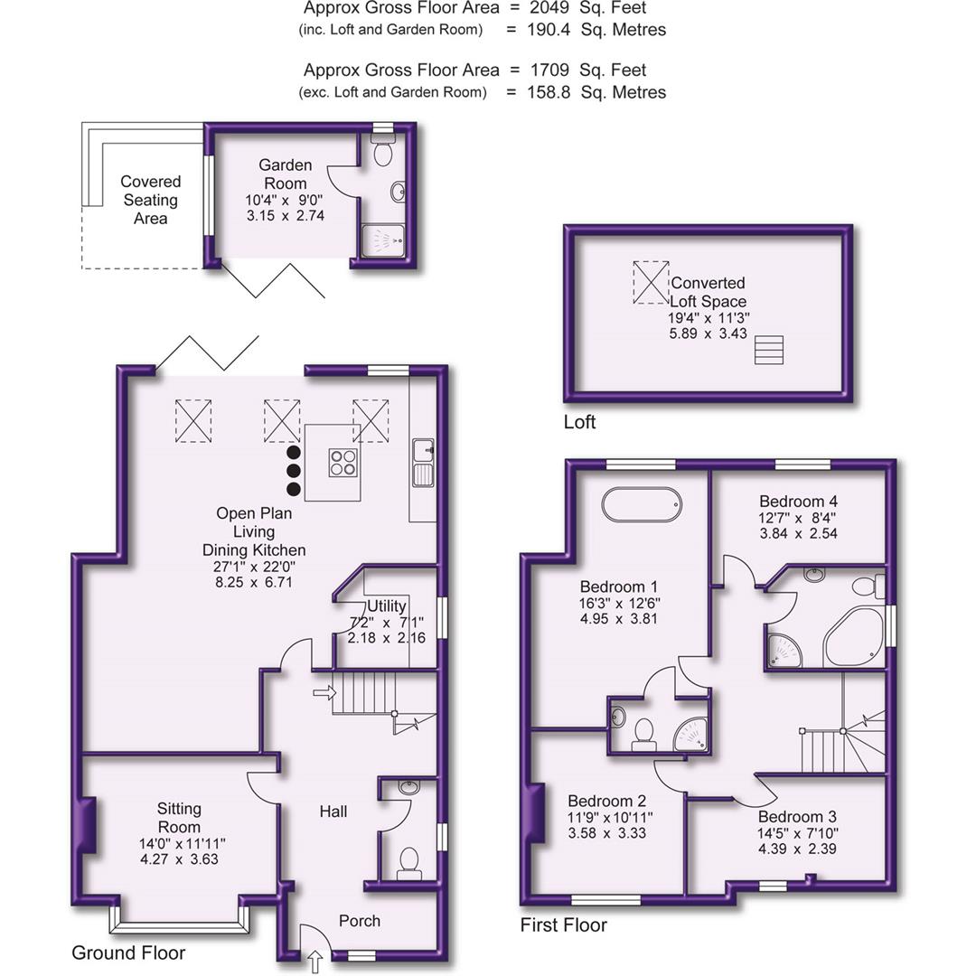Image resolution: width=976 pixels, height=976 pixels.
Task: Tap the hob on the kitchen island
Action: tap(343, 462)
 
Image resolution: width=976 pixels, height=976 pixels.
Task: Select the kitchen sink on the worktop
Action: tap(422, 462)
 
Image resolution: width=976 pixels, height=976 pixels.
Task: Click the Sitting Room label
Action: tap(179, 818)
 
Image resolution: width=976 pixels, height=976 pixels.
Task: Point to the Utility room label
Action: tap(386, 606)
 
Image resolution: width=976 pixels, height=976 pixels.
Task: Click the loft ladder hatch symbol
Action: tap(768, 350)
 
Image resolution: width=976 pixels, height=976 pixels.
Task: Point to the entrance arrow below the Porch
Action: tap(315, 962)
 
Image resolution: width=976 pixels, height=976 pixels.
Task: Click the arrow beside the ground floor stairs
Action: tap(323, 693)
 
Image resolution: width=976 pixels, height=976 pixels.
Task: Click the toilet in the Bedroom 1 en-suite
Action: tap(643, 733)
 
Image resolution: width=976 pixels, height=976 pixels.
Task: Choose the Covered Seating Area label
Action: tap(150, 200)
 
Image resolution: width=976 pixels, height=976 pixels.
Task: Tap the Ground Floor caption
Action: tap(128, 953)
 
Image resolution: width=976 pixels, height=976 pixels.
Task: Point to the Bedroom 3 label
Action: tap(791, 816)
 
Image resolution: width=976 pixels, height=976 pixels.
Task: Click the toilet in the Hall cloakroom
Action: tap(408, 860)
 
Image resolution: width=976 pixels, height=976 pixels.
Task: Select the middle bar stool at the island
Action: tap(294, 471)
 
